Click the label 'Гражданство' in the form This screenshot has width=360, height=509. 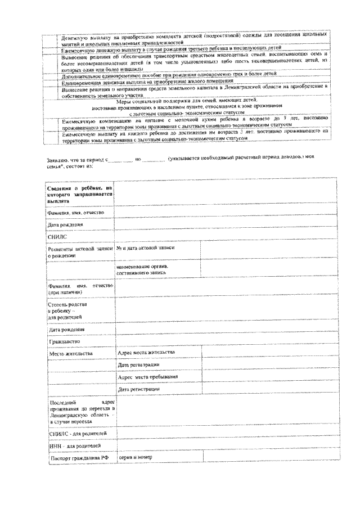(x=64, y=341)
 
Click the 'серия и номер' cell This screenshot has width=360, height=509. (x=136, y=458)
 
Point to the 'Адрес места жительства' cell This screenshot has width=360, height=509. (x=146, y=352)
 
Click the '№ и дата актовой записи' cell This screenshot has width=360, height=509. (x=146, y=248)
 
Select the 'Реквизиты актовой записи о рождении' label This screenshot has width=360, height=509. (x=79, y=251)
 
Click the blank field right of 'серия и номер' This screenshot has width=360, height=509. (x=270, y=458)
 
